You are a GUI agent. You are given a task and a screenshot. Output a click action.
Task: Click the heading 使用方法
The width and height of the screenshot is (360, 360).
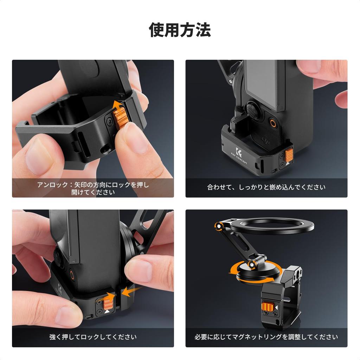coord(180,30)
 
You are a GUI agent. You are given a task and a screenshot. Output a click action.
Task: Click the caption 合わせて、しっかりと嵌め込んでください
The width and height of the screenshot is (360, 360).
coord(266,187)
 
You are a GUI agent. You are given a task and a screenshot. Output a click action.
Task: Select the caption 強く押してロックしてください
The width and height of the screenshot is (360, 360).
coord(93,337)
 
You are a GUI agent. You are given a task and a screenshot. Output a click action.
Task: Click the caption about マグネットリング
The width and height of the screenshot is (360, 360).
coord(266,337)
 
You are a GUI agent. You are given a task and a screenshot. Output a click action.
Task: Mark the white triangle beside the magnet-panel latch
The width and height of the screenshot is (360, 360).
coord(277,308)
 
